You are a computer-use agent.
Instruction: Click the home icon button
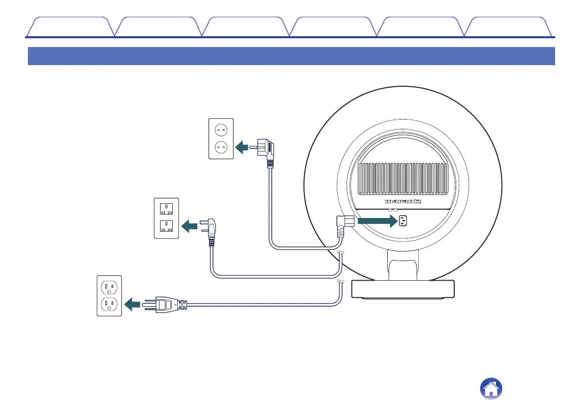click(491, 389)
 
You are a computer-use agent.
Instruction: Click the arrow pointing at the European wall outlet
click(242, 146)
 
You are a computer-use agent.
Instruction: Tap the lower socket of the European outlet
click(221, 146)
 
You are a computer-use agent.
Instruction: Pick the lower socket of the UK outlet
click(166, 227)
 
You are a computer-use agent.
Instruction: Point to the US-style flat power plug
click(166, 304)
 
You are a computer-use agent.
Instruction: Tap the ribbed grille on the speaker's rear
click(404, 178)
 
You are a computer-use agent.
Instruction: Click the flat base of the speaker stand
click(403, 290)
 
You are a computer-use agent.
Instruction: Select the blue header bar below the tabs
click(291, 56)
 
